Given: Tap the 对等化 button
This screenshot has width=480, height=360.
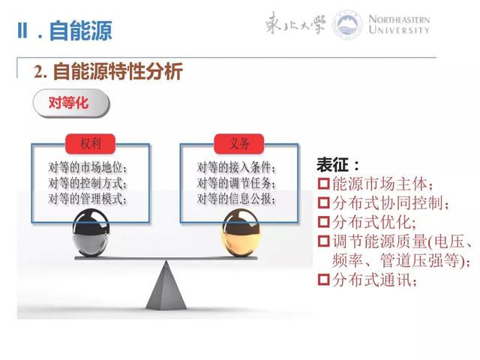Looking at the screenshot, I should coord(68,103).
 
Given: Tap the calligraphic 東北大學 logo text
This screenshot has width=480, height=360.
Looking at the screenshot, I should coord(295,24).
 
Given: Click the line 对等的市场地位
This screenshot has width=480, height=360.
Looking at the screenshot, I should coord(88,167).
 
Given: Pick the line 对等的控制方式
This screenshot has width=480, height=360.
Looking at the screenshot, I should coord(88,183).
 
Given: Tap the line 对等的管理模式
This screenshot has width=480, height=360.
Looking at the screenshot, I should coord(88,199).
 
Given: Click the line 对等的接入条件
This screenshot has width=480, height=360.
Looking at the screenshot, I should coord(236,167).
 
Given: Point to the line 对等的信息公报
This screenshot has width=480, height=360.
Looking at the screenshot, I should coord(236,199).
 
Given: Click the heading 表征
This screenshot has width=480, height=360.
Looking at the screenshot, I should coord(338,164).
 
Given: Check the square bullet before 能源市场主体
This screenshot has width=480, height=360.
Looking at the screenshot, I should coord(324,184).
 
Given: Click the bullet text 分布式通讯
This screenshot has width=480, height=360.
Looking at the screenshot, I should coord(373,280).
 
